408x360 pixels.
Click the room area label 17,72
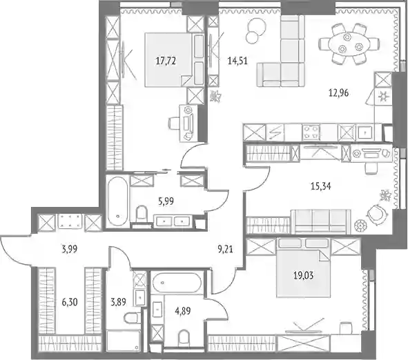pos(166,61)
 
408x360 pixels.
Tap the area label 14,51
pos(237,61)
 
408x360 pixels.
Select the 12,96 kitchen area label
pos(338,93)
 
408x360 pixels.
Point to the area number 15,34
pos(321,186)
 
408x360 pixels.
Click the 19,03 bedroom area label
pos(303,275)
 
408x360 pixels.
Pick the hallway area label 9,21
pos(225,249)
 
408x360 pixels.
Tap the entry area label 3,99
pos(70,249)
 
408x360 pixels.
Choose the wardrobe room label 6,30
pos(70,302)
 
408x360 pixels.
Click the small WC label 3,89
pos(118,302)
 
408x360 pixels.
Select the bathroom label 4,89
pos(183,310)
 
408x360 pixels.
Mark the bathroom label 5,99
pos(166,201)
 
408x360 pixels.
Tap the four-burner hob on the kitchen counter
pos(311,132)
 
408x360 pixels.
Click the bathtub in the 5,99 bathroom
pos(117,201)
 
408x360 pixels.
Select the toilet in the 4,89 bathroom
pos(184,338)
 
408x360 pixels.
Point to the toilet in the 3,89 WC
pos(132,319)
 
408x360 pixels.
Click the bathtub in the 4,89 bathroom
pos(177,283)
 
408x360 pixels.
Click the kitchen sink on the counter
pos(365,132)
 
